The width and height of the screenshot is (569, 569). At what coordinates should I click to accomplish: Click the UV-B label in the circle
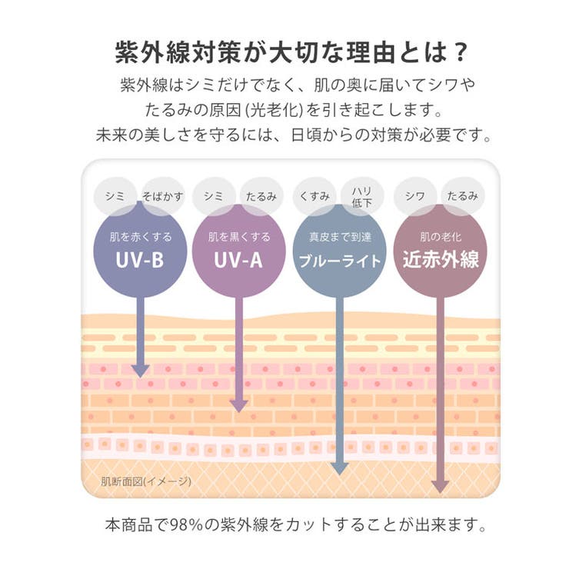click(140, 260)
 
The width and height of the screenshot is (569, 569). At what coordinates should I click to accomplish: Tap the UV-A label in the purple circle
click(238, 260)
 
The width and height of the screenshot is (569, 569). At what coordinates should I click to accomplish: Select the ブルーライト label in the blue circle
click(340, 261)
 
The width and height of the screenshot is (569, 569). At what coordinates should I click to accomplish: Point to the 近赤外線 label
click(441, 259)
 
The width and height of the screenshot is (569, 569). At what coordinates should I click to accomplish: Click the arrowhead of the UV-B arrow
click(141, 371)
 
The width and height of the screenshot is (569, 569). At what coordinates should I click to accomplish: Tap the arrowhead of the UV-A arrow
click(239, 407)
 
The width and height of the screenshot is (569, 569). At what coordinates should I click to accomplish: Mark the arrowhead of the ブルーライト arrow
click(340, 469)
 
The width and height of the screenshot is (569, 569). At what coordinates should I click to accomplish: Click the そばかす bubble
click(162, 196)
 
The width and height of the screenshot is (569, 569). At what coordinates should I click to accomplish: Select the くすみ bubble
click(314, 196)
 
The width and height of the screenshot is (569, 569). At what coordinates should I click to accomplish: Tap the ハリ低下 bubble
click(362, 196)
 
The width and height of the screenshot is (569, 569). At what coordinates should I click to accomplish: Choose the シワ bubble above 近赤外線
click(415, 196)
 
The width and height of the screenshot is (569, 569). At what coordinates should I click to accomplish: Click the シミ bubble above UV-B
click(115, 196)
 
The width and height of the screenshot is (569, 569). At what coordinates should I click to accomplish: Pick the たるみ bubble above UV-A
click(261, 196)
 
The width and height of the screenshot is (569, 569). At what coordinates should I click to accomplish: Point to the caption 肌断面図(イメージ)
click(146, 481)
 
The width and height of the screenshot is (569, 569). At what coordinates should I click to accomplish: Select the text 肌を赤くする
click(141, 237)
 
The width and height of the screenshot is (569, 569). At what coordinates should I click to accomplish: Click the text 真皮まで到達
click(340, 237)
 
